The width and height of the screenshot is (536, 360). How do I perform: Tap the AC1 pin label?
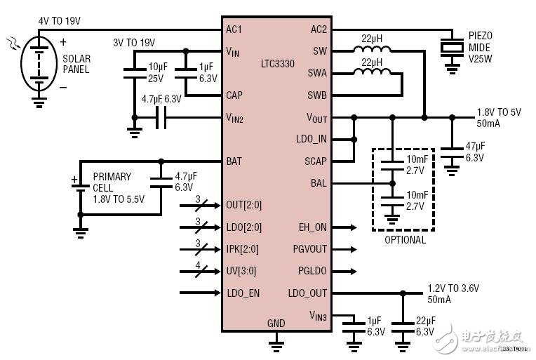click(x=234, y=29)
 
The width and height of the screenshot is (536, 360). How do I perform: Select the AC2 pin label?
click(x=319, y=29)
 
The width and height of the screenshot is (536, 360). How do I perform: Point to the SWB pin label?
click(x=317, y=95)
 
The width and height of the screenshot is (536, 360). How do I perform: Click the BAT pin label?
click(x=234, y=161)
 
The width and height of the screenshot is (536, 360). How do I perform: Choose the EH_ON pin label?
click(x=313, y=227)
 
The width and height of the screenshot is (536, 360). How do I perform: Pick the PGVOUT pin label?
click(x=309, y=249)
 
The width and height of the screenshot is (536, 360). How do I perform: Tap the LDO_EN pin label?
click(x=243, y=293)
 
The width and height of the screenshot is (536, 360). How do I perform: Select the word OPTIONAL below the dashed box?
click(x=405, y=240)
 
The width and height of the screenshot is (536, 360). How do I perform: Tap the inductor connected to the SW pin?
click(x=372, y=50)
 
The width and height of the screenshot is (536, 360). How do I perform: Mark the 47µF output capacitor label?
click(x=476, y=152)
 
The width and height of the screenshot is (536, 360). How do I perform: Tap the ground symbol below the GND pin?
click(x=276, y=342)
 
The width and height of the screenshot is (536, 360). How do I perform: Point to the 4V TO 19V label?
click(x=60, y=21)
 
